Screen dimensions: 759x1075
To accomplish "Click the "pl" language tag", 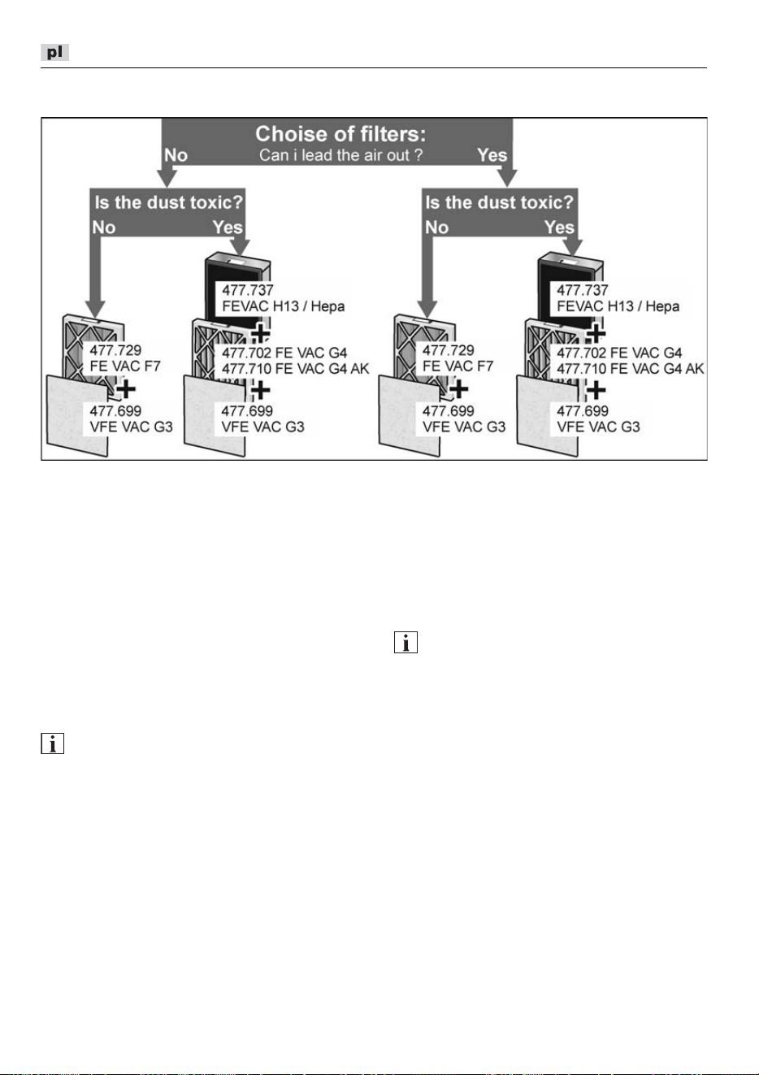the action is (54, 52).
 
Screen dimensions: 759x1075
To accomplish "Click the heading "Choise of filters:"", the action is (340, 134).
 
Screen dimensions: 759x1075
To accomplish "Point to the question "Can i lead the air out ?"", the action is (340, 155).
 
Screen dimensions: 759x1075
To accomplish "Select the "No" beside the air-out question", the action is (176, 155).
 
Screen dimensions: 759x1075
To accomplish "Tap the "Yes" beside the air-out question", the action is (492, 155).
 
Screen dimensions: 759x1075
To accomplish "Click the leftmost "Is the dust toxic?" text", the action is (168, 202).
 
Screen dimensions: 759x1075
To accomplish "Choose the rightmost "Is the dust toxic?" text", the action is (499, 202).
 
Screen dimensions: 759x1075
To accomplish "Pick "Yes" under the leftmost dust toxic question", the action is (228, 227).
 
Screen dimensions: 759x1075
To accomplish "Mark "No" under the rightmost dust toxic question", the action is (437, 227).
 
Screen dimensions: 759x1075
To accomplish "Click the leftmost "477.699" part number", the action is (115, 411).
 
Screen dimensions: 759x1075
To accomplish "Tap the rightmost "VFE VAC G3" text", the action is (598, 427).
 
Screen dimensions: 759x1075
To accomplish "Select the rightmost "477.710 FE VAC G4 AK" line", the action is (631, 369).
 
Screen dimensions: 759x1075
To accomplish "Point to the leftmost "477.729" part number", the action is (115, 350).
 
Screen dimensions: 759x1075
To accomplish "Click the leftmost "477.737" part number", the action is (248, 290).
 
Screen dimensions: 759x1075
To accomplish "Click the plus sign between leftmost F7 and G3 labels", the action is (126, 389).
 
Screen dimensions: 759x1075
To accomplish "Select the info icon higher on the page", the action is (406, 642).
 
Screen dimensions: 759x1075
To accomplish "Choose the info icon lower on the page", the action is (52, 743).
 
